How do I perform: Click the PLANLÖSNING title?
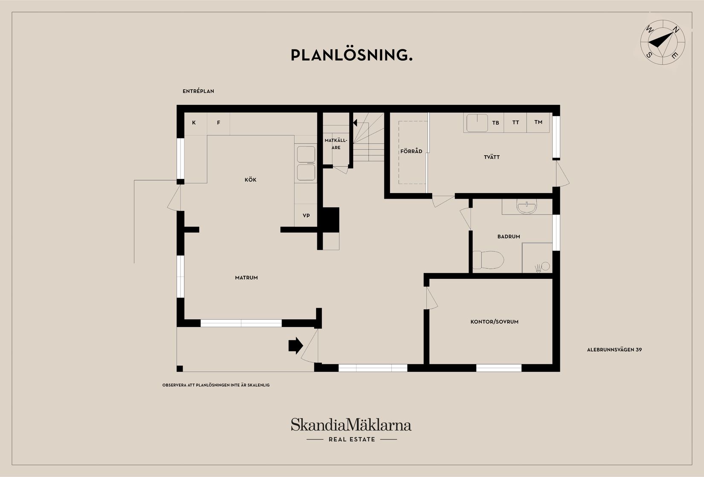pyautogui.click(x=352, y=55)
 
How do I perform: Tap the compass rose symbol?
pyautogui.click(x=663, y=42)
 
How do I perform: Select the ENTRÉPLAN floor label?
pyautogui.click(x=198, y=91)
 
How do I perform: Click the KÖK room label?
pyautogui.click(x=250, y=179)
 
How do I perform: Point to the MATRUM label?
pyautogui.click(x=247, y=278)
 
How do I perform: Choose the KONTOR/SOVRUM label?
pyautogui.click(x=495, y=321)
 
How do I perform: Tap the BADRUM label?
pyautogui.click(x=509, y=237)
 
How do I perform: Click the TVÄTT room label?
pyautogui.click(x=492, y=157)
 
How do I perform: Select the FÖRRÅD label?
pyautogui.click(x=411, y=151)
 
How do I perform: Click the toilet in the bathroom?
pyautogui.click(x=488, y=260)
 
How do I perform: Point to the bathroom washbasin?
pyautogui.click(x=527, y=207)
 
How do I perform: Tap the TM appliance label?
pyautogui.click(x=538, y=122)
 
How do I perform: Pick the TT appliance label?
pyautogui.click(x=515, y=122)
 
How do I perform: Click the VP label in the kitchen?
pyautogui.click(x=306, y=215)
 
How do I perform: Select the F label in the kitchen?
pyautogui.click(x=218, y=122)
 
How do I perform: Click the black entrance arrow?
pyautogui.click(x=296, y=346)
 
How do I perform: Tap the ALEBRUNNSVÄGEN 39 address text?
pyautogui.click(x=614, y=350)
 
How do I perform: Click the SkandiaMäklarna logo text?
pyautogui.click(x=351, y=425)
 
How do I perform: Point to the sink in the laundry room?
pyautogui.click(x=477, y=123)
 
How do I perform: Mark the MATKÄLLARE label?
pyautogui.click(x=336, y=144)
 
